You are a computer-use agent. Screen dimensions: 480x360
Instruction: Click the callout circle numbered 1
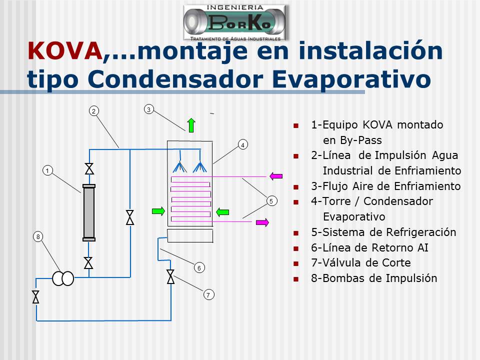click(x=47, y=170)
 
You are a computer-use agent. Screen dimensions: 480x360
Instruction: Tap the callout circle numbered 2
click(x=93, y=111)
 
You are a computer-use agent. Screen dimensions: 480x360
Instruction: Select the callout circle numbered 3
click(x=149, y=109)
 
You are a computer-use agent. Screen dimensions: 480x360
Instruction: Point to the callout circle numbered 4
click(x=243, y=145)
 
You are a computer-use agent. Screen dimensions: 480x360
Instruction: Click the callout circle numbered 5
click(x=271, y=201)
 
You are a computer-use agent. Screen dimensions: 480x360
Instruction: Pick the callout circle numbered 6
click(x=199, y=268)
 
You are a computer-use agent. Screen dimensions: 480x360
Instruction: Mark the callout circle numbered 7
click(x=209, y=295)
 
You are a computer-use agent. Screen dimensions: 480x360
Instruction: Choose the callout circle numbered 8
click(x=38, y=236)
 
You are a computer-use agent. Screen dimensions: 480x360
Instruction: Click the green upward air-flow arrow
click(x=191, y=125)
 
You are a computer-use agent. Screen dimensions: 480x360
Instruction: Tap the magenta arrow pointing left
click(x=276, y=176)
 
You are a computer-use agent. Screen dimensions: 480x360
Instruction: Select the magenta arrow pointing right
click(x=262, y=222)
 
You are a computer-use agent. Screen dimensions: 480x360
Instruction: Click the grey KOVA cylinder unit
click(x=89, y=213)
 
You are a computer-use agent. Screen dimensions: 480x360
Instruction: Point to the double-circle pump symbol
click(x=63, y=278)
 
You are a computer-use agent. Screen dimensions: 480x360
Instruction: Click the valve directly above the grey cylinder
click(x=89, y=169)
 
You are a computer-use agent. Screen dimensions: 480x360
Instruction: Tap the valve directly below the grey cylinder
click(x=88, y=263)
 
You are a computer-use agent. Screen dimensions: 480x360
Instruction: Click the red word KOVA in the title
click(x=65, y=51)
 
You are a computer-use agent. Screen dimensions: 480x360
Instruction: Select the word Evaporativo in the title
click(x=351, y=79)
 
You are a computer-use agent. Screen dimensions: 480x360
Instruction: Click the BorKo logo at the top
click(x=235, y=23)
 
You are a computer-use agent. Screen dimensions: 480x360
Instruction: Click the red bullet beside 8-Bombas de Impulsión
click(x=295, y=279)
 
